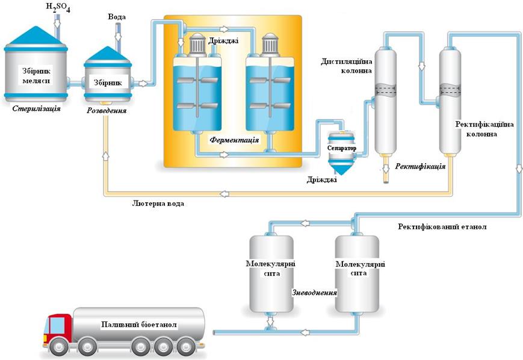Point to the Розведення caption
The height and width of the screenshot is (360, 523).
tap(107, 111)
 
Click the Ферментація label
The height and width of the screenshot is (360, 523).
tap(234, 140)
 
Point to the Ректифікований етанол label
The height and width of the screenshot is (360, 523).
tap(442, 227)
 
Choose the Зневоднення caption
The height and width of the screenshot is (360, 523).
tap(314, 293)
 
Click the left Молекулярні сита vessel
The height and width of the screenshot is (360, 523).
tap(271, 274)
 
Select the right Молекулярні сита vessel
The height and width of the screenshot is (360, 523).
tap(357, 274)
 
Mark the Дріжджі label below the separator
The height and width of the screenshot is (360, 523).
tap(318, 179)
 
